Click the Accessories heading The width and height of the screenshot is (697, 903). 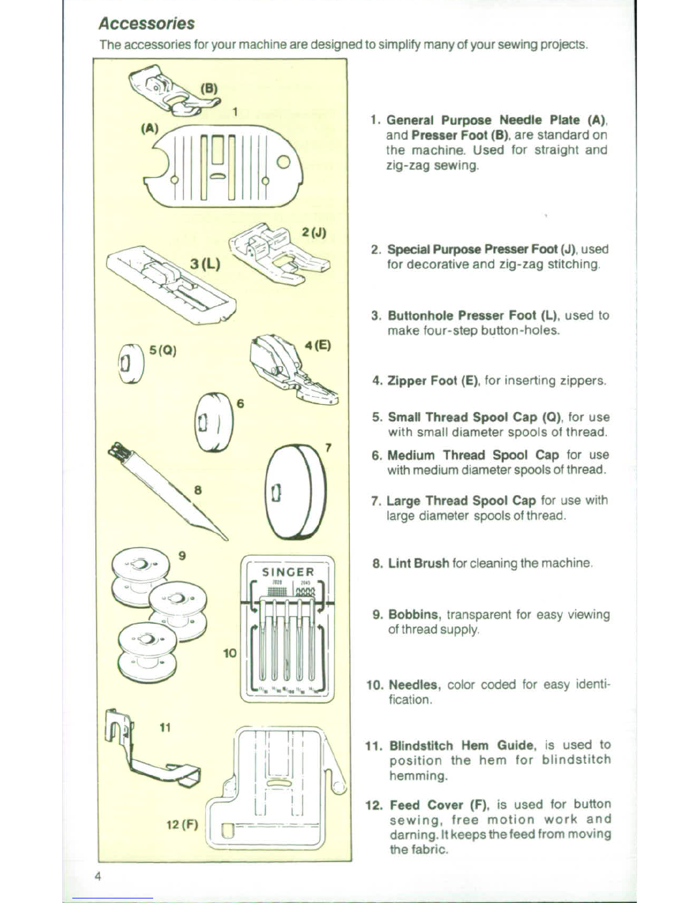pos(146,24)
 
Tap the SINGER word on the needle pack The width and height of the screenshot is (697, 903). pos(288,572)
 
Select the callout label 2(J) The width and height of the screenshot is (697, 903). pos(314,232)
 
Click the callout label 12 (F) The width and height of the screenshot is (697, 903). pos(182,825)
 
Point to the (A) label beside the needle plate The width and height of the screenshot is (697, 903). pos(150,128)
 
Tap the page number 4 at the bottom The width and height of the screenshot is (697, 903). pos(98,877)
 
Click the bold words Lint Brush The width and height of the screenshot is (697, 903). pos(419,563)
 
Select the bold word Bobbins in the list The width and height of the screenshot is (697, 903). pos(415,615)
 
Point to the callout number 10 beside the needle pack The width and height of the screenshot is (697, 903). pos(229,653)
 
